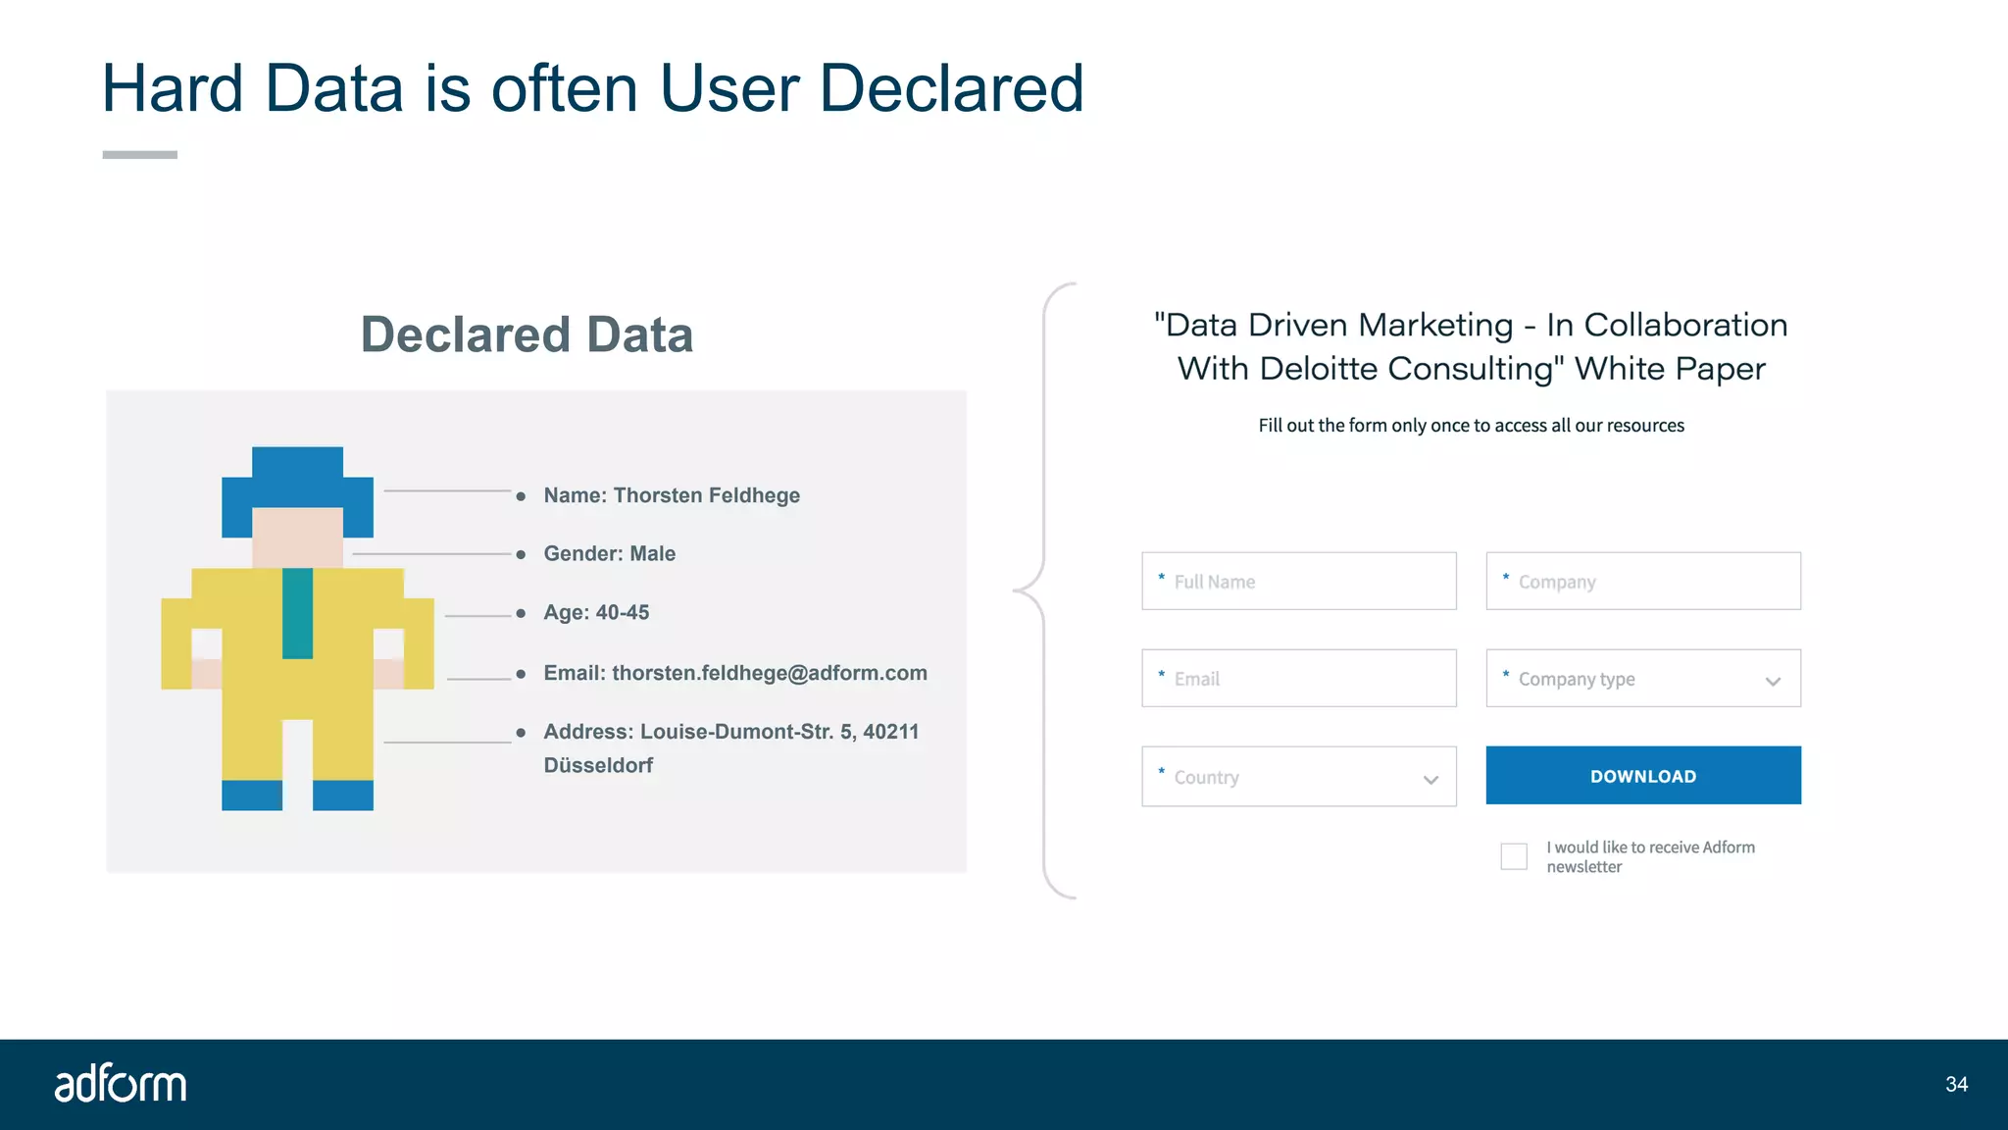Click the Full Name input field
click(x=1298, y=582)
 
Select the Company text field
click(x=1643, y=582)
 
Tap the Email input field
click(x=1298, y=679)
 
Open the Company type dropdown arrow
click(x=1773, y=682)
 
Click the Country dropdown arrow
click(x=1431, y=780)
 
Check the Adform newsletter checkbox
click(x=1514, y=856)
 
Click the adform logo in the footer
click(x=120, y=1084)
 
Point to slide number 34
click(x=1956, y=1085)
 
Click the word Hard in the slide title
click(x=173, y=89)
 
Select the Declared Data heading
click(x=527, y=335)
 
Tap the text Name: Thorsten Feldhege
click(x=672, y=495)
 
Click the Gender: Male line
click(x=609, y=554)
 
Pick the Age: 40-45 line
click(x=596, y=613)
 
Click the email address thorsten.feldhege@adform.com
click(x=769, y=674)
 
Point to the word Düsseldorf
click(x=598, y=766)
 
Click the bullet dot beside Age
click(x=521, y=614)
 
